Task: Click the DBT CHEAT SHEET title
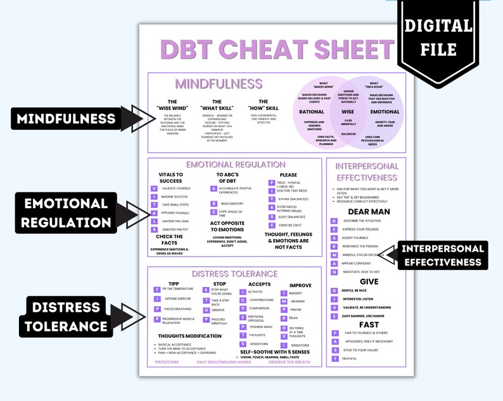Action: click(277, 49)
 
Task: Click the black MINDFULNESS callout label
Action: click(67, 118)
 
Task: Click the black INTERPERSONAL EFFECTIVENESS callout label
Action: click(441, 255)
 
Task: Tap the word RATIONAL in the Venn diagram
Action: click(312, 112)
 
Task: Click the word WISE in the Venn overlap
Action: click(348, 112)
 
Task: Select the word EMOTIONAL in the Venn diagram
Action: click(385, 112)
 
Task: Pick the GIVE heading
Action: click(369, 281)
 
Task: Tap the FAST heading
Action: click(369, 324)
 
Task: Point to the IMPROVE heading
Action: click(300, 285)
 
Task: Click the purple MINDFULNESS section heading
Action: click(219, 84)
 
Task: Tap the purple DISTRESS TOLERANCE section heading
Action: click(234, 273)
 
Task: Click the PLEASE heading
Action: click(288, 174)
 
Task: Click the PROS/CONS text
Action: click(166, 362)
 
